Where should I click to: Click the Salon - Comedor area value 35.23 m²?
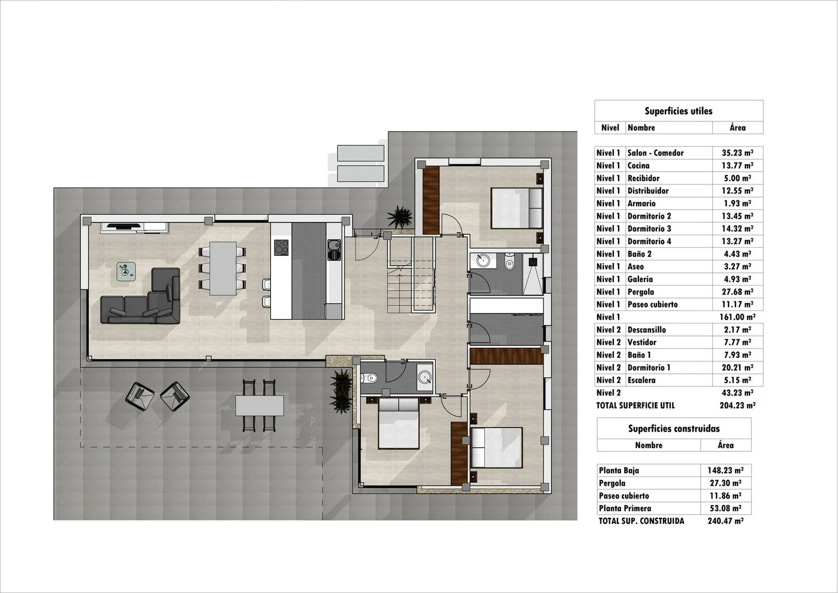click(x=737, y=153)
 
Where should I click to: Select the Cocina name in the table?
click(x=638, y=166)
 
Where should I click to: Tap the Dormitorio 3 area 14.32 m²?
click(x=737, y=229)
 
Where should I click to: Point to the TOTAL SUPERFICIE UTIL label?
click(x=635, y=406)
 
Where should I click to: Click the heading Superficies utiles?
click(x=678, y=111)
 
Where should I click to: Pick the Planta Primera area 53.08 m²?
click(x=724, y=508)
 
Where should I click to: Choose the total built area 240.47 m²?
click(x=725, y=521)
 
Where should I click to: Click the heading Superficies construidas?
click(x=673, y=429)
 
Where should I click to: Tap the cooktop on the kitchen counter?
click(x=281, y=248)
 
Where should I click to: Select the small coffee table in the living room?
click(x=127, y=272)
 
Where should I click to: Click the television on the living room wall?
click(x=123, y=225)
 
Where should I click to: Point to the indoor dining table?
click(x=223, y=268)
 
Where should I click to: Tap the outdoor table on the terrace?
click(x=259, y=406)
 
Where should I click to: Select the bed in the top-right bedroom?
click(x=516, y=208)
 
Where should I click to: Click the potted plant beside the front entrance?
click(x=399, y=216)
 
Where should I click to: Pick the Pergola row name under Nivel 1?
click(x=641, y=292)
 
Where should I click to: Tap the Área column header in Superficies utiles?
click(x=738, y=128)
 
